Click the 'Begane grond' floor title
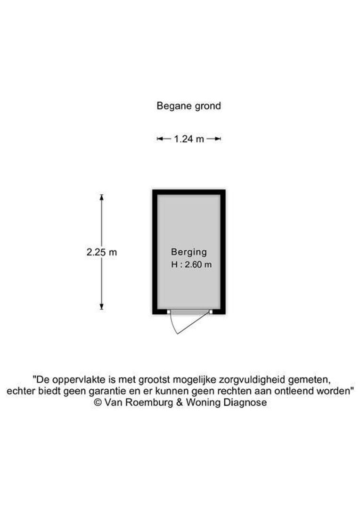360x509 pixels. (x=188, y=106)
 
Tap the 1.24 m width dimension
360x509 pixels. (x=189, y=139)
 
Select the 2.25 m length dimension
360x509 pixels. (x=102, y=252)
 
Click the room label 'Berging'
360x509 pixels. (x=189, y=252)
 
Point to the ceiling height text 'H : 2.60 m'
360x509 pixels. (x=191, y=264)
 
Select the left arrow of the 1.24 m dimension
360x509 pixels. (x=164, y=139)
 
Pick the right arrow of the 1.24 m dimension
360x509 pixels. (x=214, y=139)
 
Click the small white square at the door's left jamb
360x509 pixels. (x=169, y=312)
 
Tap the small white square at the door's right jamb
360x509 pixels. (x=211, y=312)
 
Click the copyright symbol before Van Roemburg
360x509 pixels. (x=98, y=402)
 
